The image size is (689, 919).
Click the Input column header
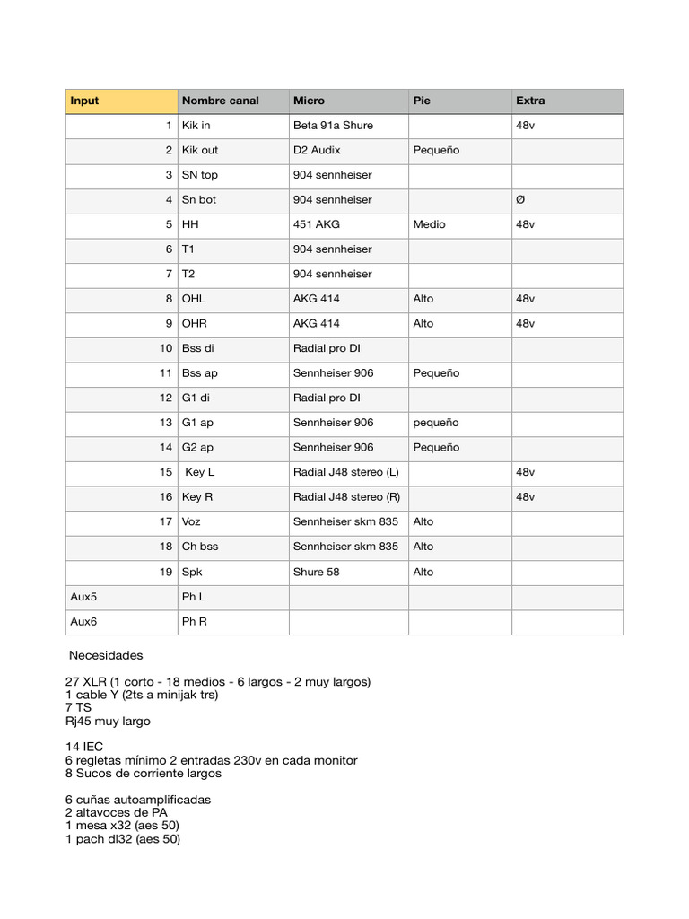85,101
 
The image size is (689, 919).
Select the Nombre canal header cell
220,101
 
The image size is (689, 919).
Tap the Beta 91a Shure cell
333,126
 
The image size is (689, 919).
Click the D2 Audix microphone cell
317,150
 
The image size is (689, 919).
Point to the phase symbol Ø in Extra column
520,199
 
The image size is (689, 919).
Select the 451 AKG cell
317,224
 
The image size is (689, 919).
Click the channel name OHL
194,299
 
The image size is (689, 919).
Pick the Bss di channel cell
198,348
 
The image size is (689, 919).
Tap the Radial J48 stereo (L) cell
346,472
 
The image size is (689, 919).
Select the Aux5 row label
83,597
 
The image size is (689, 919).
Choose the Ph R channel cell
194,621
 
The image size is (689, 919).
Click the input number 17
165,521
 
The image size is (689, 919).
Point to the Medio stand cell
429,224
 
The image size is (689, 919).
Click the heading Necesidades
106,655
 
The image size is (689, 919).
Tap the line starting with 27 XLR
218,682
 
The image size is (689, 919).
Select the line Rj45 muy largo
108,721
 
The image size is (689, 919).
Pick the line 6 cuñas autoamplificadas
138,800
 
